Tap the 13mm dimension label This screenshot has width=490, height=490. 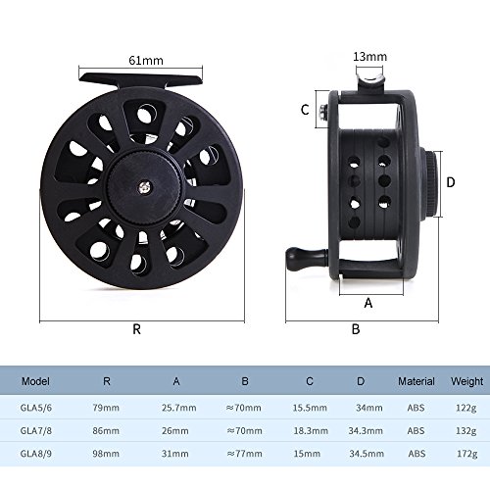pyautogui.click(x=369, y=57)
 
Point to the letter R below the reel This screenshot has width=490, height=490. pyautogui.click(x=137, y=329)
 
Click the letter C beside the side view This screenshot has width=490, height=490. pyautogui.click(x=305, y=110)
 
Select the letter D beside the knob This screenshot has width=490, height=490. pyautogui.click(x=451, y=182)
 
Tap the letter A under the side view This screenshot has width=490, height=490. pyautogui.click(x=368, y=303)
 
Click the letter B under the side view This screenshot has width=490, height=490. pyautogui.click(x=356, y=329)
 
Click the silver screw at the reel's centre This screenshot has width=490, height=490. pyautogui.click(x=144, y=187)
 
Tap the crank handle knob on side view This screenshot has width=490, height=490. pyautogui.click(x=297, y=259)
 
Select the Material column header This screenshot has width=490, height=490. pyautogui.click(x=416, y=381)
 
